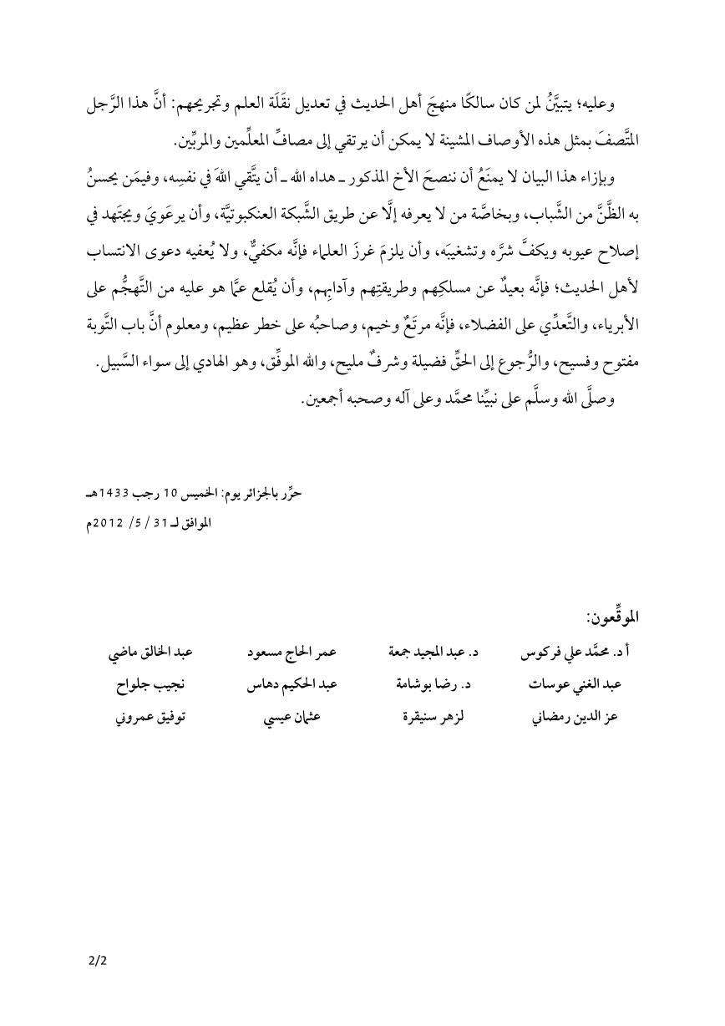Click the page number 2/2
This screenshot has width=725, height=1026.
click(x=98, y=961)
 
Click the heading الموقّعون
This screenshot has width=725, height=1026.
click(x=612, y=617)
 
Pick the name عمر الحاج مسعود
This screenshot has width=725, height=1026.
click(x=288, y=653)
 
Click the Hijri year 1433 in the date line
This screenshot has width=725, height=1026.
click(x=113, y=494)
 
